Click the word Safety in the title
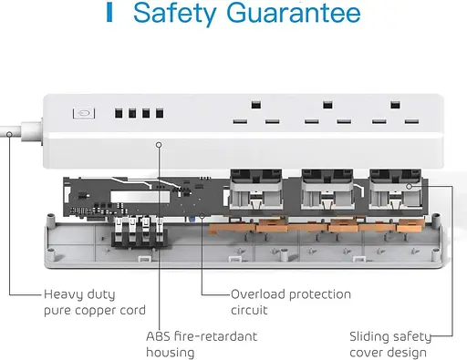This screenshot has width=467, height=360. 174,14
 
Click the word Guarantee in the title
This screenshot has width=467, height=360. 294,13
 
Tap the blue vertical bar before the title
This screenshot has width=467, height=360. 109,13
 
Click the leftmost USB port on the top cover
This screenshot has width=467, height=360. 119,113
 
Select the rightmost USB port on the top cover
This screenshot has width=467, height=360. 160,113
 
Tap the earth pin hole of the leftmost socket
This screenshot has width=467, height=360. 256,105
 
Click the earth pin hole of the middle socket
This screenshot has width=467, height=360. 327,105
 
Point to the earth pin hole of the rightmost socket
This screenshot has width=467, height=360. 395,105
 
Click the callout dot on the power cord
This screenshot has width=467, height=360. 9,134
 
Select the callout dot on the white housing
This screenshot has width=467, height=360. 159,145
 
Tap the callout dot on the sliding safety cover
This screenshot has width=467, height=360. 410,186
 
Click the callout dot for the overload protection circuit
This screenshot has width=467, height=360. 202,216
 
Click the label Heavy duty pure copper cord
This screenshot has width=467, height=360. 95,303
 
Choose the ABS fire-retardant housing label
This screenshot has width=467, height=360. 202,345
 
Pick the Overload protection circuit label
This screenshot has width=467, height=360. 291,303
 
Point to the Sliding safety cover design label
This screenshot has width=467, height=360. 390,345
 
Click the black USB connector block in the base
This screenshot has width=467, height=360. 139,232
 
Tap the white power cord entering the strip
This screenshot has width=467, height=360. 21,130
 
